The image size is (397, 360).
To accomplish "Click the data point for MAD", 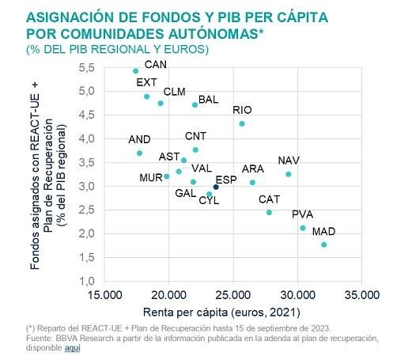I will pyautogui.click(x=324, y=245).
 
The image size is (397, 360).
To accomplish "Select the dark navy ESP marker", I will pyautogui.click(x=216, y=188).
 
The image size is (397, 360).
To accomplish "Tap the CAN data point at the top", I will pyautogui.click(x=135, y=71).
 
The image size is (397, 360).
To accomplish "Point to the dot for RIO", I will pyautogui.click(x=242, y=124).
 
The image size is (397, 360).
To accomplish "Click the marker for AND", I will pyautogui.click(x=139, y=153).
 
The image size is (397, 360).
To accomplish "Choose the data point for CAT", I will pyautogui.click(x=269, y=213).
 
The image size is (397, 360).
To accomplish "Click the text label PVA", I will pyautogui.click(x=302, y=214).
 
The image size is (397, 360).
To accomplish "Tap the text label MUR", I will pyautogui.click(x=150, y=177).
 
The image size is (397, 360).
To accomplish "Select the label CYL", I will pyautogui.click(x=209, y=201).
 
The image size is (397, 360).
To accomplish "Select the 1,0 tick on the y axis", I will pyautogui.click(x=87, y=282).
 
